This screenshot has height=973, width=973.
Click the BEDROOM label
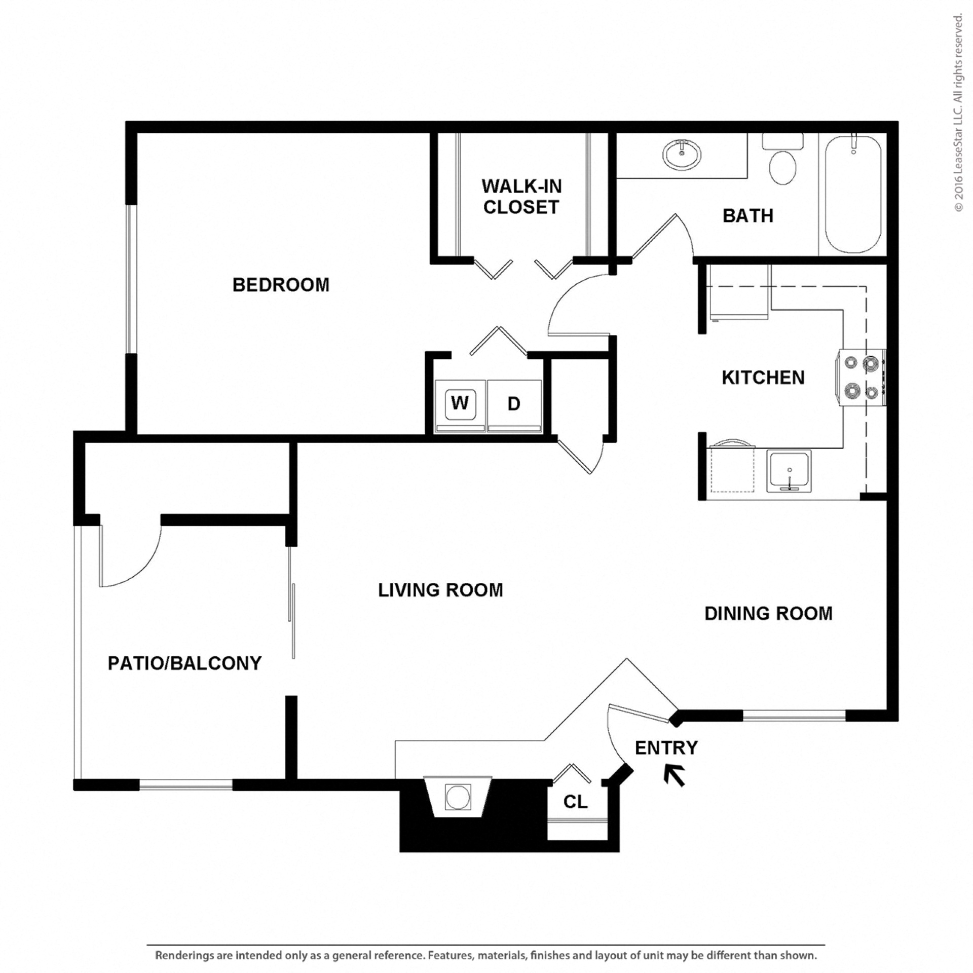[x=281, y=285]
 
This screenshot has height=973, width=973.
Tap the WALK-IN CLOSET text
[x=521, y=197]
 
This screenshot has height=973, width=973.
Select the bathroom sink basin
[x=682, y=154]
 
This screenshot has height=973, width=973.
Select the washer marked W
[x=460, y=403]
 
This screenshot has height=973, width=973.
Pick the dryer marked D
[x=514, y=404]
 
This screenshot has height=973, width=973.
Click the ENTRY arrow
[x=675, y=775]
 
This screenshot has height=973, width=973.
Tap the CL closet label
[x=576, y=802]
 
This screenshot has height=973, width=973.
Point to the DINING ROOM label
[x=768, y=614]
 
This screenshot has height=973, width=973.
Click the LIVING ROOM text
[x=440, y=590]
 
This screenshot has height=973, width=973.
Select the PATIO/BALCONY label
[x=184, y=663]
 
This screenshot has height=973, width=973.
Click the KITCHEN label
[x=763, y=378]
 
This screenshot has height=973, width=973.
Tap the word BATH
[x=747, y=216]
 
